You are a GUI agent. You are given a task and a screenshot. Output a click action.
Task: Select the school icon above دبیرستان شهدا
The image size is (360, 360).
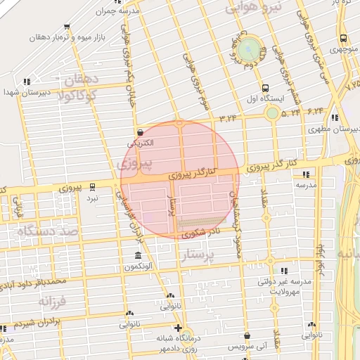click(27, 82)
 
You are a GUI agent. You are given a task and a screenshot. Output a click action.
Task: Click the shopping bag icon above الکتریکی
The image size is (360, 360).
click(140, 132)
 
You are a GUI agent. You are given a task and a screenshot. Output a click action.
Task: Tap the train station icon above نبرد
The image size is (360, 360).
click(92, 188)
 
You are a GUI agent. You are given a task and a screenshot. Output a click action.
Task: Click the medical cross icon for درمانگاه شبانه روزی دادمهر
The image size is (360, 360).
click(179, 328)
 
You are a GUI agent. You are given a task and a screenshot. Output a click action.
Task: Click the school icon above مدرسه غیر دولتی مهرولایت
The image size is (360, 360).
click(284, 271)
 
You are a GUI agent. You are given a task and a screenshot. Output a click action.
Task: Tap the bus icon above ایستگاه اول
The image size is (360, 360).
click(265, 89)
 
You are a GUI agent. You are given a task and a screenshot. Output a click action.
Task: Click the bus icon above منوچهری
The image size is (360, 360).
click(342, 39)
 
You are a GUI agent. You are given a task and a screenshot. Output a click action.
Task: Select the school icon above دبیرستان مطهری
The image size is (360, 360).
click(334, 117)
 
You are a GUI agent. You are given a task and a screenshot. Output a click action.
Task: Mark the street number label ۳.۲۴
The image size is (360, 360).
click(227, 117)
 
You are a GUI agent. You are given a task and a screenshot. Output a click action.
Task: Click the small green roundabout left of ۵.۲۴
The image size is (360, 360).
click(272, 112)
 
